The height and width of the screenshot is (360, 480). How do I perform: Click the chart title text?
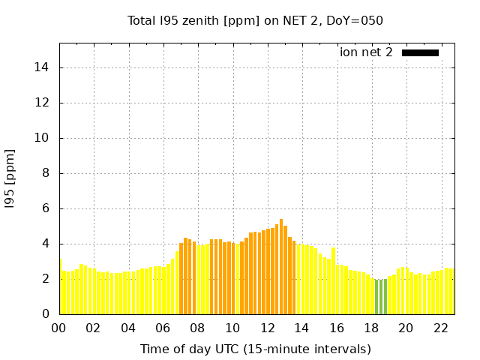pyautogui.click(x=255, y=21)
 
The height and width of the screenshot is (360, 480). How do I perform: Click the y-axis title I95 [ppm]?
pyautogui.click(x=10, y=178)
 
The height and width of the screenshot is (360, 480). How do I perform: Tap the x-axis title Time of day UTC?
pyautogui.click(x=255, y=349)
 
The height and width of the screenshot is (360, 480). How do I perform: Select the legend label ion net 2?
pyautogui.click(x=366, y=52)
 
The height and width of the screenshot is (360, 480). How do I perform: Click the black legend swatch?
pyautogui.click(x=420, y=52)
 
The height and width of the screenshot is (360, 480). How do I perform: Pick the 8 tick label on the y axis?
pyautogui.click(x=46, y=173)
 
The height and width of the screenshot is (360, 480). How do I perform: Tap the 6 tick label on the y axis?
pyautogui.click(x=46, y=208)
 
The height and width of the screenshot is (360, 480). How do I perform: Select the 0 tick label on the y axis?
pyautogui.click(x=46, y=314)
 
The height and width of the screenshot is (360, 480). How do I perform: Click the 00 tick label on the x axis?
pyautogui.click(x=59, y=328)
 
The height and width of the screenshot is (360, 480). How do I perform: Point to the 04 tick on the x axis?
pyautogui.click(x=128, y=328)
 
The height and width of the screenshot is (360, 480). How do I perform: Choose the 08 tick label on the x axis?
pyautogui.click(x=198, y=328)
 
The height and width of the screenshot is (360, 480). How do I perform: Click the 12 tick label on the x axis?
pyautogui.click(x=267, y=328)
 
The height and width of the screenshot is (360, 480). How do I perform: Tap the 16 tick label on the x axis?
pyautogui.click(x=337, y=328)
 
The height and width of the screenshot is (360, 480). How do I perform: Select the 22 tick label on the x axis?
pyautogui.click(x=440, y=328)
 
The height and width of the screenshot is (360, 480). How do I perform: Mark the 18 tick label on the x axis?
pyautogui.click(x=371, y=328)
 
